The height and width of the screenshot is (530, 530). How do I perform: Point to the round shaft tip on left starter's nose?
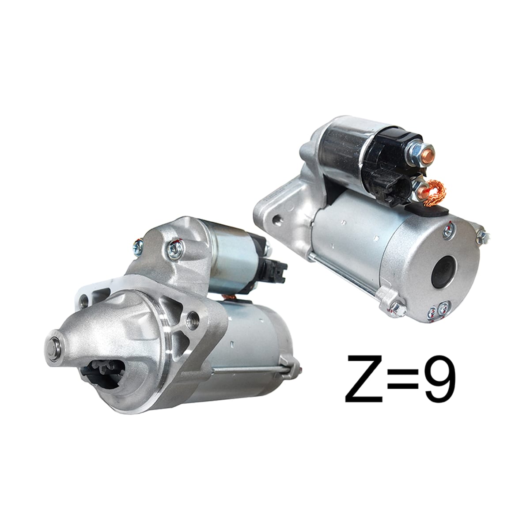pyautogui.click(x=53, y=348)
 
